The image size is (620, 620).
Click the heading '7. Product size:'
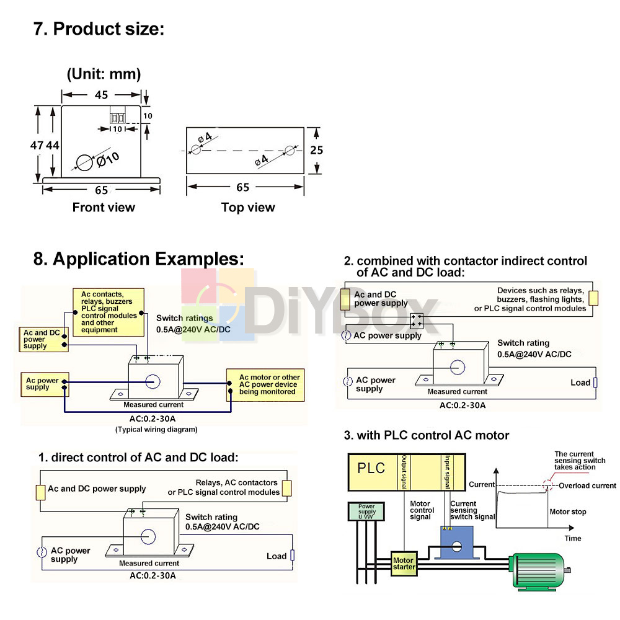[x=99, y=29]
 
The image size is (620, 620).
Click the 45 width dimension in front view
[x=102, y=95]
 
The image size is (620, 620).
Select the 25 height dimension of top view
[x=317, y=150]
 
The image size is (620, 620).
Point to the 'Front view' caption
[x=104, y=207]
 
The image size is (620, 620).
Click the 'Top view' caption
[x=248, y=207]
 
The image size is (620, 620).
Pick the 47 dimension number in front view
[x=38, y=144]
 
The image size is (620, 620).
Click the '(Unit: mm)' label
[x=104, y=74]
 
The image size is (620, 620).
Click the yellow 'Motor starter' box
[x=404, y=564]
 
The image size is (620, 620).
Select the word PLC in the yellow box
[x=371, y=468]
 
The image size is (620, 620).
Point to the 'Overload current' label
[x=587, y=485]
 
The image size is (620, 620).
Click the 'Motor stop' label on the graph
[x=567, y=512]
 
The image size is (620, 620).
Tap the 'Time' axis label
[x=573, y=538]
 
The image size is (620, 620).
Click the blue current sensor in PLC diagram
[x=456, y=544]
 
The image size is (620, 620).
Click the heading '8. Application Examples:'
[x=139, y=259]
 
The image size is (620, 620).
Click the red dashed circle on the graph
[x=547, y=484]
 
